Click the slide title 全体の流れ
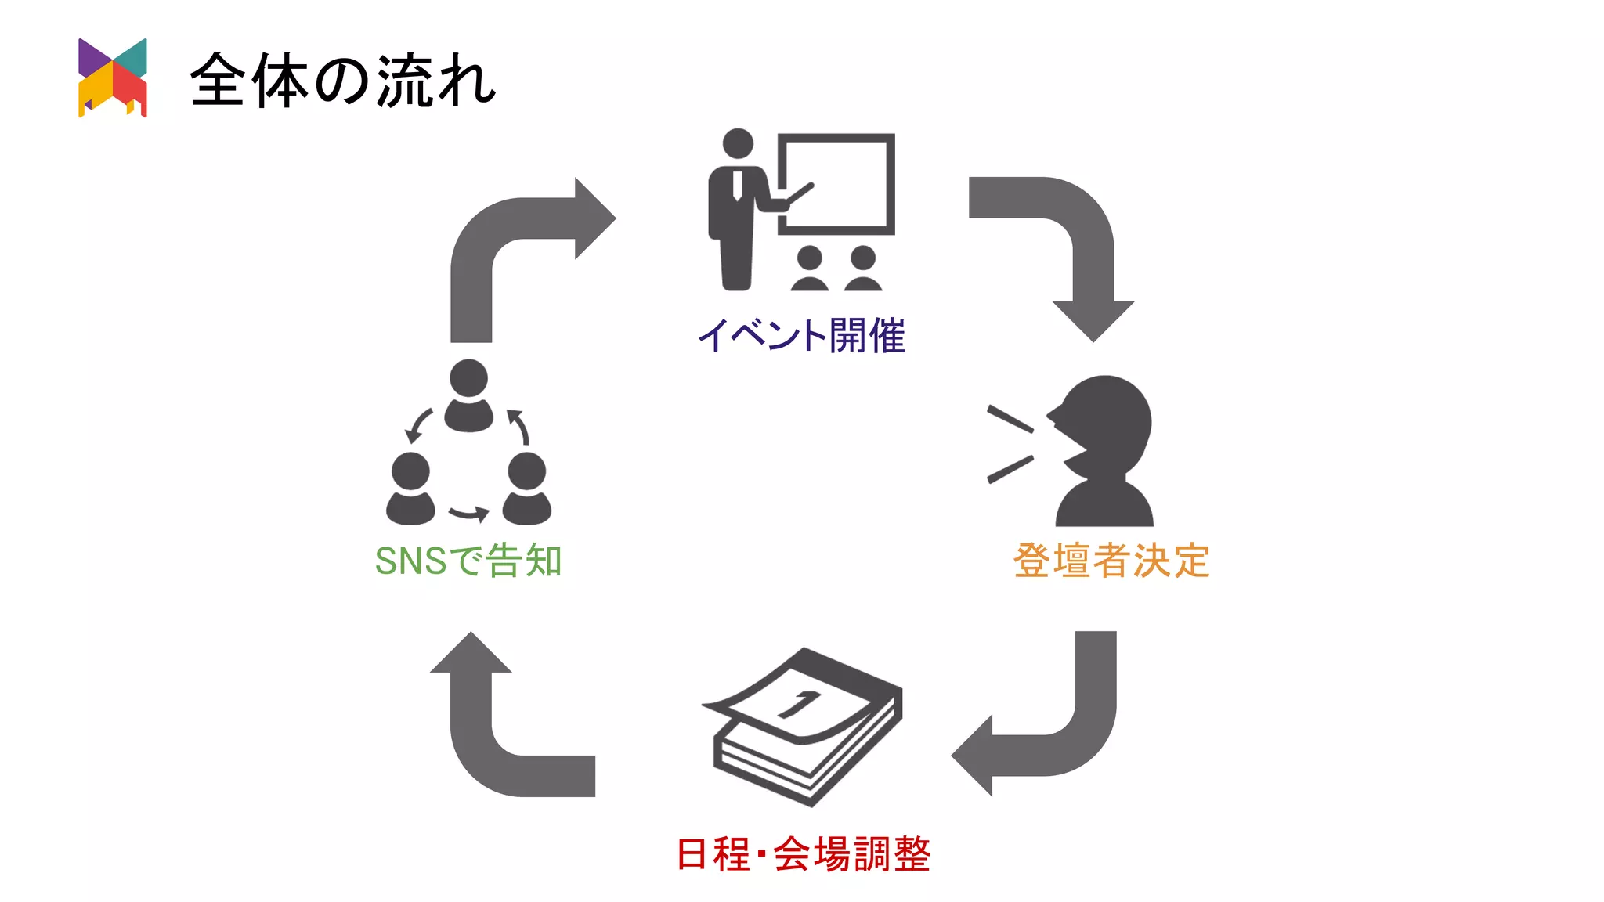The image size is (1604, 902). (343, 80)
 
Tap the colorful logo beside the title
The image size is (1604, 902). (112, 78)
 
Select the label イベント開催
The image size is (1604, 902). (801, 335)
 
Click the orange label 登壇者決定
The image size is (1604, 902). (1111, 561)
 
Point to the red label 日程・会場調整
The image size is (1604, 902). (803, 853)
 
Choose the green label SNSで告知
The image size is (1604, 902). (468, 561)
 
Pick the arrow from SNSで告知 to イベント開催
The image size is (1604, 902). (501, 235)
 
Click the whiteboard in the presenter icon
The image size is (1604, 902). (836, 184)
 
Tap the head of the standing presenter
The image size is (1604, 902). (738, 143)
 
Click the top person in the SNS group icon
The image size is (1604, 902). (468, 395)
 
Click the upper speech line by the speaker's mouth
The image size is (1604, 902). (1010, 420)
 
